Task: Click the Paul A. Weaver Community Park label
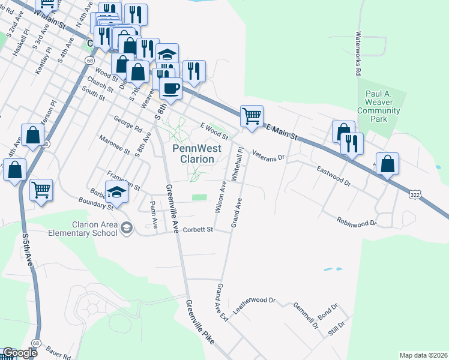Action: [382, 106]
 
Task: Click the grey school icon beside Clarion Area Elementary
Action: [126, 227]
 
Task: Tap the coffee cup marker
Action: [170, 88]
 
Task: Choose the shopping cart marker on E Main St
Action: [252, 115]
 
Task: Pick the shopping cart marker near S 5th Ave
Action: [41, 190]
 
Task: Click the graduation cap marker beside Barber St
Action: [117, 193]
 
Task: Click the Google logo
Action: [19, 353]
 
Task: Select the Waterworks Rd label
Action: [358, 53]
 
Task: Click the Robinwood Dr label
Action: [356, 222]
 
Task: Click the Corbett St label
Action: [198, 229]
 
